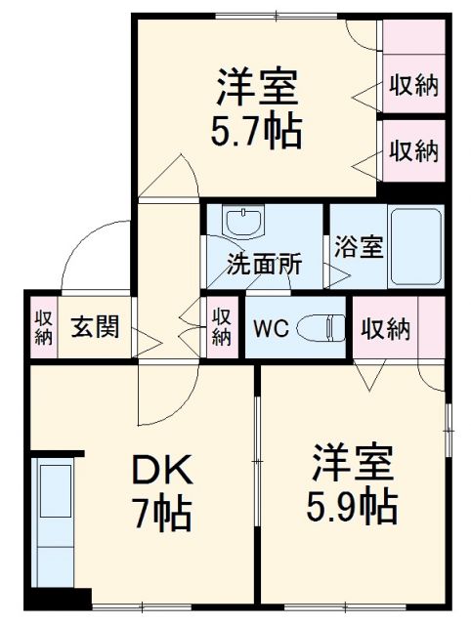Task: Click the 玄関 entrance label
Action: point(95,326)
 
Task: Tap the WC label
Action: point(271,328)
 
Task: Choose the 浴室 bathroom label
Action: point(356,248)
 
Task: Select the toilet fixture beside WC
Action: point(321,328)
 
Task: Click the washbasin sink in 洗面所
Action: point(242,222)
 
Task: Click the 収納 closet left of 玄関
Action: point(44,326)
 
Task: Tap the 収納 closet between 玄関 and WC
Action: point(222,326)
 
